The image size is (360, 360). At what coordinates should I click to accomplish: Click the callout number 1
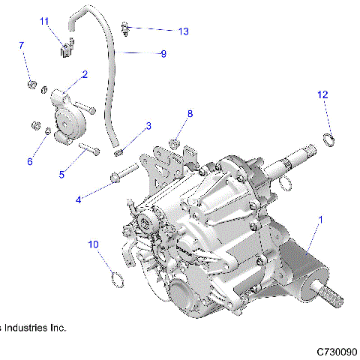pyautogui.click(x=322, y=220)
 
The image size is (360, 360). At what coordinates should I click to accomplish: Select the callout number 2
pyautogui.click(x=85, y=74)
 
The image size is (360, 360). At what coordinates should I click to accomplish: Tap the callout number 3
pyautogui.click(x=148, y=126)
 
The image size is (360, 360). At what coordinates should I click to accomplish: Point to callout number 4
pyautogui.click(x=78, y=199)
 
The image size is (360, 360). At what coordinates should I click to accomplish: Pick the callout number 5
pyautogui.click(x=63, y=174)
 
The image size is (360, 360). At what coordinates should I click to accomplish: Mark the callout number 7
pyautogui.click(x=21, y=46)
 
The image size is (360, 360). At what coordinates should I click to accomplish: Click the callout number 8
pyautogui.click(x=190, y=114)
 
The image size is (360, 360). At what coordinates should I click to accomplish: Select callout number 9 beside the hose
pyautogui.click(x=163, y=53)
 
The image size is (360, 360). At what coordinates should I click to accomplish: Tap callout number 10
pyautogui.click(x=93, y=244)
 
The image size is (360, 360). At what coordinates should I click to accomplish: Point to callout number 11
pyautogui.click(x=44, y=21)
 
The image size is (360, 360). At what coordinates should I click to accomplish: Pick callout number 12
pyautogui.click(x=322, y=94)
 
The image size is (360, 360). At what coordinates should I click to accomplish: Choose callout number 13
pyautogui.click(x=183, y=31)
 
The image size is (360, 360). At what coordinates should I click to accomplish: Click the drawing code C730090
pyautogui.click(x=336, y=351)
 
